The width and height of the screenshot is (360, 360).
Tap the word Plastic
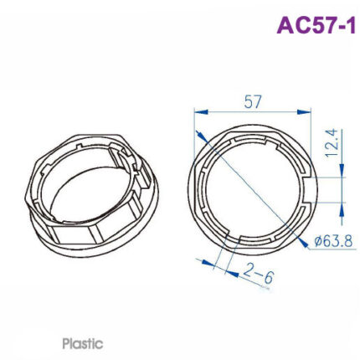tap(82, 342)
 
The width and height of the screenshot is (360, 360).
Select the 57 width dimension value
tap(253, 101)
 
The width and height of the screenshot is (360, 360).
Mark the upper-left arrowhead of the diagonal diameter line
tap(199, 134)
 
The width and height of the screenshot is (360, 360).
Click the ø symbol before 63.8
tap(319, 242)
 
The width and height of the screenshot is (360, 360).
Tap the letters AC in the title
tap(290, 25)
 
